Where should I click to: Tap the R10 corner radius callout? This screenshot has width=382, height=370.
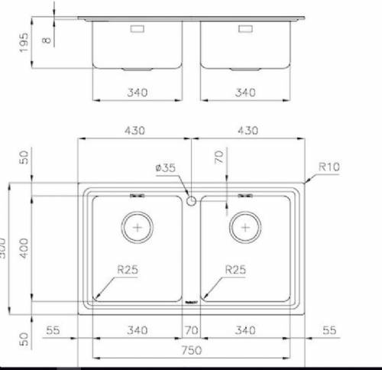tap(329, 164)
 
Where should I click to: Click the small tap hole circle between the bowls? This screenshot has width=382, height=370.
tap(191, 200)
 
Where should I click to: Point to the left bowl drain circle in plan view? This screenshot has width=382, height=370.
tap(138, 227)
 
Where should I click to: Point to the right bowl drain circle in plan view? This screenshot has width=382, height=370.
tap(245, 227)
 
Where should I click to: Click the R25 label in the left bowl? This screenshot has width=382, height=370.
tap(128, 269)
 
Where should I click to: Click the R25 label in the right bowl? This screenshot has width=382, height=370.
tap(235, 269)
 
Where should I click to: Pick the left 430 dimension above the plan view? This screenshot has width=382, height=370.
tap(136, 131)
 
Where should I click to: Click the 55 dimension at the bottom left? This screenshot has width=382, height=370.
tap(53, 330)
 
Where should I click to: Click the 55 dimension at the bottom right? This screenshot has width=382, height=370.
tap(329, 330)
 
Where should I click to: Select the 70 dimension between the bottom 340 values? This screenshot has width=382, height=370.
tap(191, 330)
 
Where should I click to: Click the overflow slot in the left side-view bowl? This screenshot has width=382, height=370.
tap(138, 29)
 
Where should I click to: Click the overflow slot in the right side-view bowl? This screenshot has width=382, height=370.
tap(245, 29)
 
